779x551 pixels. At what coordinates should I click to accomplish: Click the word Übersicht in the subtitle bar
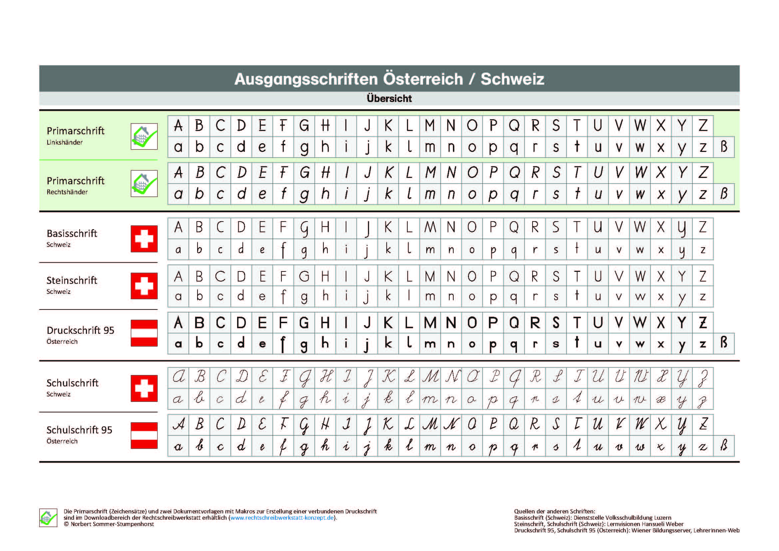coord(389,98)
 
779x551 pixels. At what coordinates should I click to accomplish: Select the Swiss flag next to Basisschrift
coord(144,239)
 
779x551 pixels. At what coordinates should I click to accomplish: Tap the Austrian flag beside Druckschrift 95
coord(144,333)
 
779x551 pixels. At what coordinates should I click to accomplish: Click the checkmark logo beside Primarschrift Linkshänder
coord(144,136)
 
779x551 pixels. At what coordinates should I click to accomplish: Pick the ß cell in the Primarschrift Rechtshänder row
coord(724,194)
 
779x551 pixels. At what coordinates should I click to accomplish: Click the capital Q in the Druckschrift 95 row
coord(514,323)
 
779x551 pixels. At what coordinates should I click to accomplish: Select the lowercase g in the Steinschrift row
coord(304,297)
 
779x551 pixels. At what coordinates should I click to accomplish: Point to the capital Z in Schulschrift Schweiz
coord(703,378)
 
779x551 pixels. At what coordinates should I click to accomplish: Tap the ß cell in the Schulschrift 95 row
coord(724,445)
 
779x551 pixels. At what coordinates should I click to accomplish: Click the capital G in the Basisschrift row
coord(304,228)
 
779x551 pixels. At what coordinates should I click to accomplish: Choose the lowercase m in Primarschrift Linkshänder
coord(430,147)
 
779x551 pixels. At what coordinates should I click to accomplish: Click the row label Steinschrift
coord(72,280)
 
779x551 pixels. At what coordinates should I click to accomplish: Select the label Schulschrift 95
coord(79,430)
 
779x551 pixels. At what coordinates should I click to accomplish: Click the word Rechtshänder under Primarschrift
coord(67,192)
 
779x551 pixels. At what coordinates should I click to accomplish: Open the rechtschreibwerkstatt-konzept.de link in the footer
coord(282,518)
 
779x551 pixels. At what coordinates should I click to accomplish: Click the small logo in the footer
coord(48,518)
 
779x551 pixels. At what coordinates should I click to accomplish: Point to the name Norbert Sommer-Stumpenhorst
coord(112,524)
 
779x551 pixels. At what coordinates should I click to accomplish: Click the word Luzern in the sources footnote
coord(661,518)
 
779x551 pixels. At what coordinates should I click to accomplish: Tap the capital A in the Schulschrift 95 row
coord(179,424)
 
